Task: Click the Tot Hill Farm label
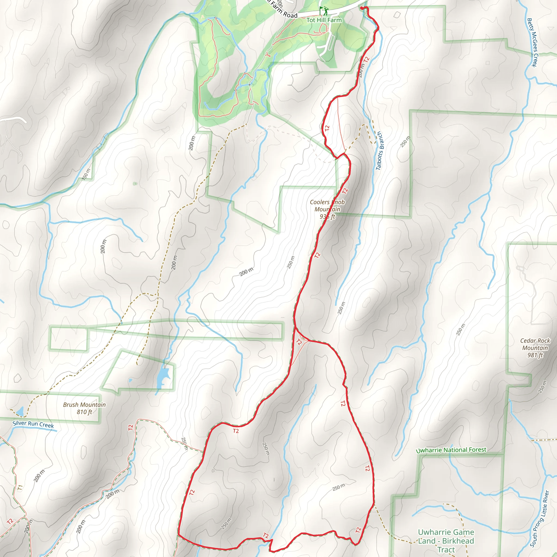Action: coord(324,20)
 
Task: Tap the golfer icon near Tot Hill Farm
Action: coord(326,11)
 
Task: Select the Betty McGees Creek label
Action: coord(532,42)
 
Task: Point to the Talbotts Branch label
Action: coord(379,150)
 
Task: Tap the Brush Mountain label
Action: coord(85,405)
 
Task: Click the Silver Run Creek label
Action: coord(33,424)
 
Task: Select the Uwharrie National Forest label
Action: coord(451,450)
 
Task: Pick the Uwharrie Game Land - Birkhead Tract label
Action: coord(446,541)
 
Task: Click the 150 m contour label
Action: coord(86,174)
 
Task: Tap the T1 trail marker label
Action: coord(20,488)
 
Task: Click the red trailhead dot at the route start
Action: coord(362,8)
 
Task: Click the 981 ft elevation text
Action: coord(535,355)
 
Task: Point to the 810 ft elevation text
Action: coord(85,412)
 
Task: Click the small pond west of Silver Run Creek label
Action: coord(20,411)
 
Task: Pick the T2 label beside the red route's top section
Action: coord(366,60)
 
